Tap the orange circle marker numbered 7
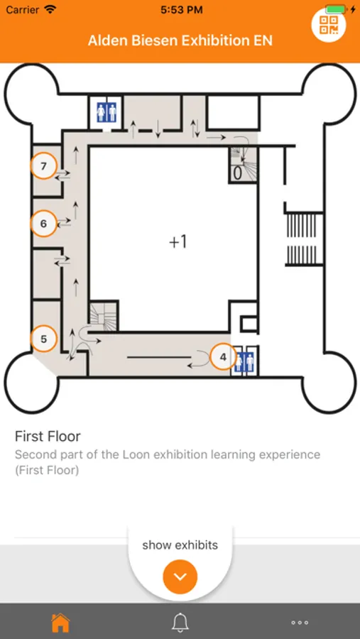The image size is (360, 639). (x=44, y=166)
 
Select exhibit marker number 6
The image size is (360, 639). (x=44, y=224)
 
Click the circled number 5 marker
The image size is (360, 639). (x=44, y=339)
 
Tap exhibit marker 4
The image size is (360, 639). (x=223, y=357)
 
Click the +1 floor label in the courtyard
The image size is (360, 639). (x=178, y=241)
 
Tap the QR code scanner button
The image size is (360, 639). (x=329, y=26)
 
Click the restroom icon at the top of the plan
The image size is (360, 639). (x=107, y=111)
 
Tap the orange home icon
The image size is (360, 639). (x=60, y=622)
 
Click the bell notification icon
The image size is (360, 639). (x=180, y=622)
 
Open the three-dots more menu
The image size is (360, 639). (x=300, y=623)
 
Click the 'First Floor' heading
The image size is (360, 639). (x=48, y=436)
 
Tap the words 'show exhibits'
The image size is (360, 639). (x=180, y=545)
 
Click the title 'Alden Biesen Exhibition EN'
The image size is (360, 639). (x=180, y=40)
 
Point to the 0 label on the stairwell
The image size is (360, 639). (x=237, y=174)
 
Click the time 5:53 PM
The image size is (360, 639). (x=182, y=10)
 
